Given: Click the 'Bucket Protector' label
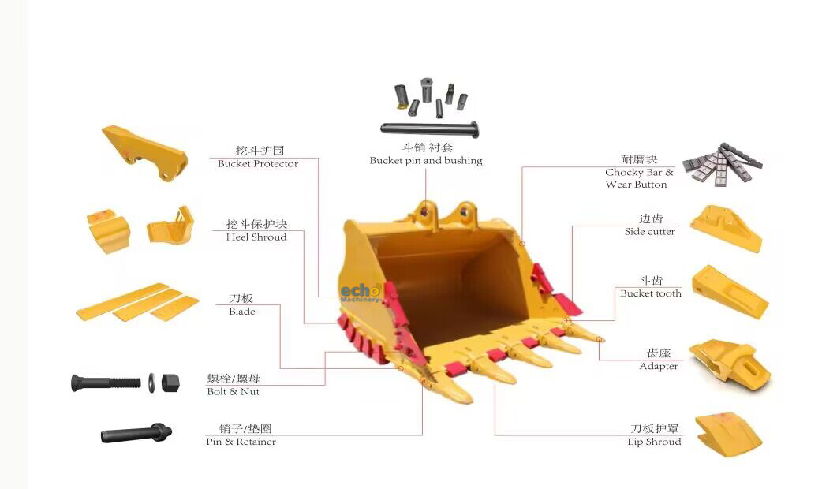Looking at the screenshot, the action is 258,163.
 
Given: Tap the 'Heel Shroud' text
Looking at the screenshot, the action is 256,237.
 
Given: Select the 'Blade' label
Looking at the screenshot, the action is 241,312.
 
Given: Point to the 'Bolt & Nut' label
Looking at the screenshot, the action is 233,391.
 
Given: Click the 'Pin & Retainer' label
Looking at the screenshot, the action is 241,442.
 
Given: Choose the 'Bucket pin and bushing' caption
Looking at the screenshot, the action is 426,160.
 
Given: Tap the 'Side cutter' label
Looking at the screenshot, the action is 649,232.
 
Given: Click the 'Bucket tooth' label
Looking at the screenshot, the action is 651,293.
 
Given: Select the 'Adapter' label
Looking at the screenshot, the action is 659,367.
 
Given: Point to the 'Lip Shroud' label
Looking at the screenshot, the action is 654,442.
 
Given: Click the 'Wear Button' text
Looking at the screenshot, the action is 636,185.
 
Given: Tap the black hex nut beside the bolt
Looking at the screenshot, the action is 170,383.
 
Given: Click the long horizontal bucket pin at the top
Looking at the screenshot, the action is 429,129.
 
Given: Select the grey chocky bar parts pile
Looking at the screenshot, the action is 723,162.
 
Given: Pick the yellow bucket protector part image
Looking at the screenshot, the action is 144,152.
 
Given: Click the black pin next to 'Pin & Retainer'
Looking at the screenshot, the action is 136,434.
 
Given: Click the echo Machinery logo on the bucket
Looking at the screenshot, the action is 361,293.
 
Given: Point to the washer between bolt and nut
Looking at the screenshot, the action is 151,383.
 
